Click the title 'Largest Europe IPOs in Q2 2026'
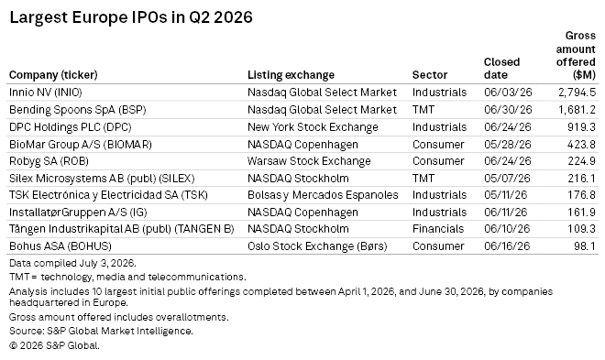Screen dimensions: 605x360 coord(131,17)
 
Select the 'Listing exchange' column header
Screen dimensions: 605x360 coord(291,75)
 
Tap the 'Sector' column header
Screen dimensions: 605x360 coord(430,75)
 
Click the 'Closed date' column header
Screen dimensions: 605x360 coord(502,68)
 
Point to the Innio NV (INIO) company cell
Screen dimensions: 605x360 coord(46,93)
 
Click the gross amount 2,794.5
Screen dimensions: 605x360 coord(577,93)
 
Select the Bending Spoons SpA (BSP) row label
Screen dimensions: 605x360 coord(78,110)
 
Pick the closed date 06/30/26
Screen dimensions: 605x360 coord(508,110)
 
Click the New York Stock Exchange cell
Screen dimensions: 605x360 coord(313,127)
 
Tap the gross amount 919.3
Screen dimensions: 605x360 coord(581,127)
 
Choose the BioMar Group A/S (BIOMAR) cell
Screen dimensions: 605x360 coord(81,145)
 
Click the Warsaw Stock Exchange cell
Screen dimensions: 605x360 coord(309,161)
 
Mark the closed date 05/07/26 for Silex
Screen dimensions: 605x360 coord(507,179)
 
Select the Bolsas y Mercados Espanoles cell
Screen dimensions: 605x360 coord(323,195)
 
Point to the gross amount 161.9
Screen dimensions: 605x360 coord(581,213)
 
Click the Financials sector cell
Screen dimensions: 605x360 coord(438,229)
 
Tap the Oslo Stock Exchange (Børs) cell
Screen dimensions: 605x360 coord(317,246)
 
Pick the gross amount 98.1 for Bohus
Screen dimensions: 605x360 coord(585,246)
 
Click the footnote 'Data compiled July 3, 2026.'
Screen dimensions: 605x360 coord(72,263)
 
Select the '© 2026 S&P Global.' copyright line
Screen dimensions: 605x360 coord(54,345)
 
